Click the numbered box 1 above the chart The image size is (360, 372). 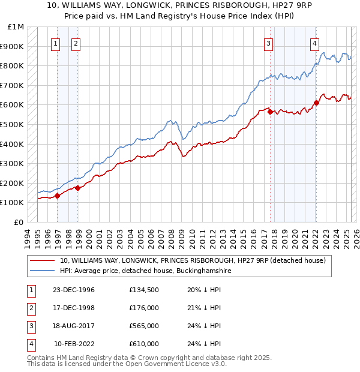(55, 43)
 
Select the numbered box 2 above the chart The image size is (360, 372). (76, 43)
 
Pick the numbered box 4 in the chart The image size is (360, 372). (314, 43)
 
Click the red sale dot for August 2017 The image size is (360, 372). (271, 112)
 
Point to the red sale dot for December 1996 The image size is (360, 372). (58, 196)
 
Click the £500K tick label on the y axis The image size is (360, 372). (12, 124)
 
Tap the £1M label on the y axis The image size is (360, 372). (16, 27)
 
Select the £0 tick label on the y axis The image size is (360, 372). (19, 222)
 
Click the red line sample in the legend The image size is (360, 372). (43, 261)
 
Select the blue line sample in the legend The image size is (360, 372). (43, 271)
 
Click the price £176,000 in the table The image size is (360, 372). (144, 308)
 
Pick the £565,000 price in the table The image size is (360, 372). (144, 326)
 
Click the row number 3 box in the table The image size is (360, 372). (29, 326)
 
